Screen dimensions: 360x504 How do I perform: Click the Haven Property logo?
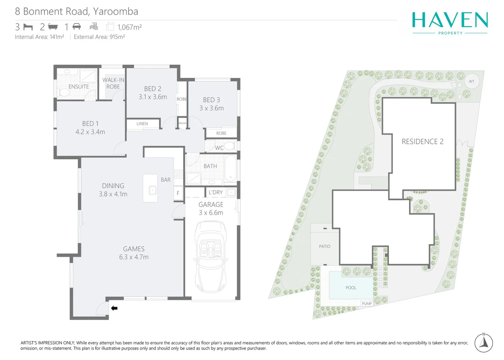(x=450, y=23)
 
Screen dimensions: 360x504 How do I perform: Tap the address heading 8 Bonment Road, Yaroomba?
(x=76, y=11)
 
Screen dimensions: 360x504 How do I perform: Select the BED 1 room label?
(x=90, y=124)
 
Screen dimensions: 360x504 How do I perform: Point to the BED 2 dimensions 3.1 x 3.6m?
(x=153, y=97)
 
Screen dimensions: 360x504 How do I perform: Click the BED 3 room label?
(x=211, y=100)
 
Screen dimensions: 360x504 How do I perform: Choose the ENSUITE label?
(x=79, y=87)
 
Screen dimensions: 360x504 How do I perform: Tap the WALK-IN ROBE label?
(x=113, y=83)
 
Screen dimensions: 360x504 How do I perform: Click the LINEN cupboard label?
(x=142, y=124)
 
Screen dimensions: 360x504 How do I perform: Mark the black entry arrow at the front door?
(x=114, y=308)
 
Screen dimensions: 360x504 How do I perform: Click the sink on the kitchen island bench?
(x=152, y=190)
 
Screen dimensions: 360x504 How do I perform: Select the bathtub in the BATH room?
(x=230, y=168)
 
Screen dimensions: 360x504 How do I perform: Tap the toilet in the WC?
(x=229, y=146)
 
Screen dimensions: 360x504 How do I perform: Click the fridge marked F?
(x=178, y=193)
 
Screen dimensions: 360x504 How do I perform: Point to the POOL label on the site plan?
(x=351, y=288)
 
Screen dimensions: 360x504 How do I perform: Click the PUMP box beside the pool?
(x=367, y=304)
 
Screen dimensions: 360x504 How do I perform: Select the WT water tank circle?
(x=471, y=81)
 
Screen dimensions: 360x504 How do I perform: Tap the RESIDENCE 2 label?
(x=422, y=142)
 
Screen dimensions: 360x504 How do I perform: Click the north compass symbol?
(x=483, y=342)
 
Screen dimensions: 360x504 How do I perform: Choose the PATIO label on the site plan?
(x=324, y=246)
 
